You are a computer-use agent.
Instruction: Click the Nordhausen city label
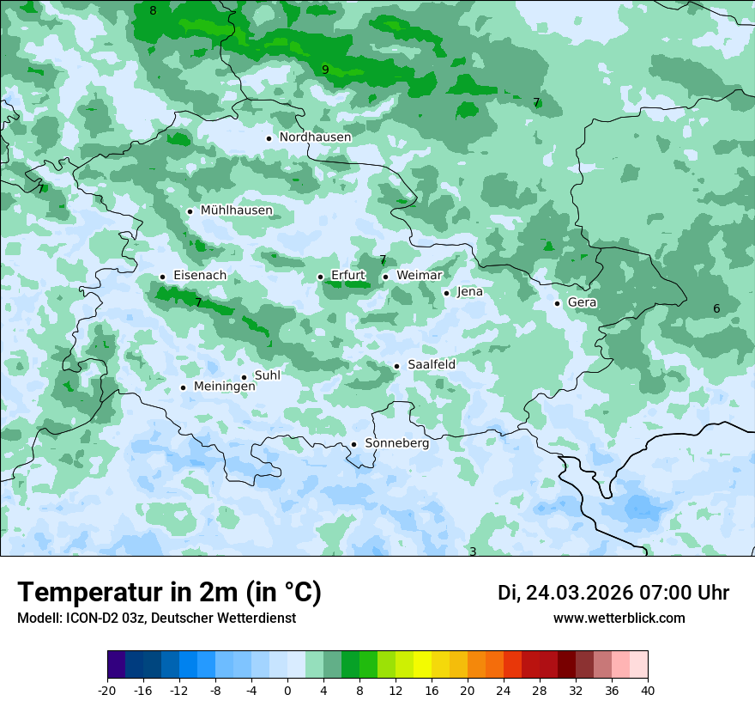tap(315, 137)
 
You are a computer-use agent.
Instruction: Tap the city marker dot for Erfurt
tap(320, 277)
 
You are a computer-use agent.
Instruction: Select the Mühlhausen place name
tap(236, 210)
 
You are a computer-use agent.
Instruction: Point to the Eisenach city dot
tap(162, 277)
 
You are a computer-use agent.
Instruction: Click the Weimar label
tap(419, 276)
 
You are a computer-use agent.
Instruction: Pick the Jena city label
tap(469, 292)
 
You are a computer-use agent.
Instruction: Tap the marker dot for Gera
tap(557, 303)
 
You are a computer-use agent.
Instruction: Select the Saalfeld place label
tap(431, 365)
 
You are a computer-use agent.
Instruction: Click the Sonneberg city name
tap(396, 444)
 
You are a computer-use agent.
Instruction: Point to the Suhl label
tap(267, 375)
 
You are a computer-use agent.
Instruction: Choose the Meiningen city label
tap(224, 387)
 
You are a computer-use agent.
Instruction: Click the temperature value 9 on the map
tap(325, 70)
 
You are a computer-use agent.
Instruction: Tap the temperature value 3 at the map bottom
tap(472, 552)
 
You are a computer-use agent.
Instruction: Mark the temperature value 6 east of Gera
tap(716, 309)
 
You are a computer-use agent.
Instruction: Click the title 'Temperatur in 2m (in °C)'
tap(169, 593)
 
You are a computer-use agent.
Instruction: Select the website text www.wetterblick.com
tap(619, 618)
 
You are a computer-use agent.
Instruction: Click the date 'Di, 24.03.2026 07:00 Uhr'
tap(613, 593)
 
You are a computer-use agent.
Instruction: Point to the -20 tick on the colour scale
tap(107, 691)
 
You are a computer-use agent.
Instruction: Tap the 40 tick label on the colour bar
tap(647, 691)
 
